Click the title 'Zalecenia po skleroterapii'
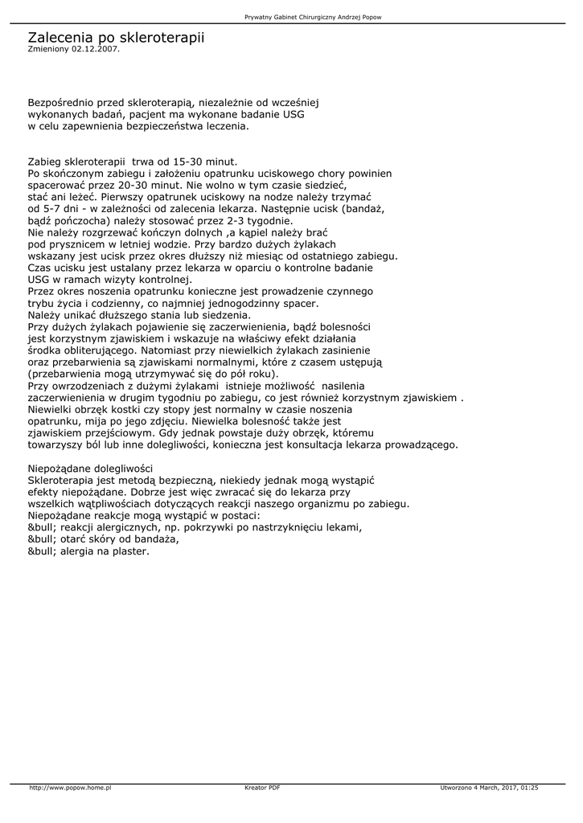[116, 37]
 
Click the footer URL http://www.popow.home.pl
[70, 788]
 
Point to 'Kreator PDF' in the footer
[262, 788]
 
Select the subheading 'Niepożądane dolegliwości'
[90, 469]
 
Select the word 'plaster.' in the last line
[129, 551]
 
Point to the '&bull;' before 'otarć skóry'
[42, 539]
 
